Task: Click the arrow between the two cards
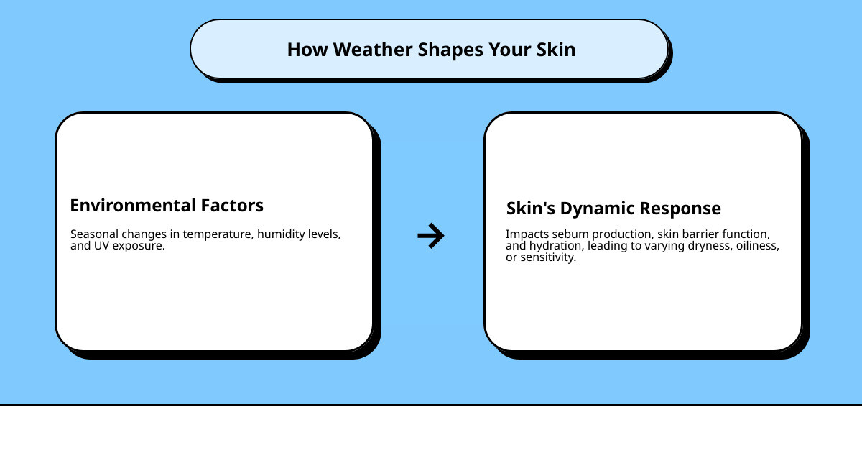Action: pos(431,235)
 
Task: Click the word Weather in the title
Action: pos(373,50)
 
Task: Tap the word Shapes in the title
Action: pos(450,50)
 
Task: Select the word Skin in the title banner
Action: pos(556,50)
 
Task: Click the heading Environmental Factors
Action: pos(167,206)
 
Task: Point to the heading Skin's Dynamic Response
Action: pos(613,209)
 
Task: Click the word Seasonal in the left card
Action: pos(94,234)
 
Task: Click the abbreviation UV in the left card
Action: pos(101,246)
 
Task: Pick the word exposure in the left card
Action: pos(139,246)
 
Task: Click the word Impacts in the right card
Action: pos(527,234)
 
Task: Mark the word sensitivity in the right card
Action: pos(548,257)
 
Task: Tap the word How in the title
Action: pos(307,50)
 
